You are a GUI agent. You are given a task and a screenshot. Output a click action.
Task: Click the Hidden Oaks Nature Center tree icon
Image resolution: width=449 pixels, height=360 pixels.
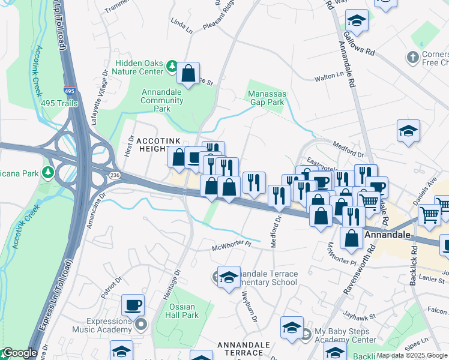coord(172,65)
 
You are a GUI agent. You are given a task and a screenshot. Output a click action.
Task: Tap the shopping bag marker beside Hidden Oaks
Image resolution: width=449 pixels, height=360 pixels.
coord(188,74)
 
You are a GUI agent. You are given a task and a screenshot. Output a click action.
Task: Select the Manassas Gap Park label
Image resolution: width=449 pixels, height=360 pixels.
coord(267,98)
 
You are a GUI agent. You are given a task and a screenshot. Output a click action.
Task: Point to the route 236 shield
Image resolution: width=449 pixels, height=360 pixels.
coord(115,174)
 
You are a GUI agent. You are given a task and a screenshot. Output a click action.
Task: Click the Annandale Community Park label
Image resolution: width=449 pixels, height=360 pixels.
coord(162,100)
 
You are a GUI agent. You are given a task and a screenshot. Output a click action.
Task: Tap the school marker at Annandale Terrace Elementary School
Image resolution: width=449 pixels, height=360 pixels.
coord(229,277)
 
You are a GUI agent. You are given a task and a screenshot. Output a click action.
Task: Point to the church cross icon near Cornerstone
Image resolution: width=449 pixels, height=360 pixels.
coord(412,58)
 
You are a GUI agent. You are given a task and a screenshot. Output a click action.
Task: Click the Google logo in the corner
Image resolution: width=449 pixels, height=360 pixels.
coord(19,353)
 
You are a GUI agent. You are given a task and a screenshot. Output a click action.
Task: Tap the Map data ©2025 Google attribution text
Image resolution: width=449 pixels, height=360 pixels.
coord(412,355)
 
